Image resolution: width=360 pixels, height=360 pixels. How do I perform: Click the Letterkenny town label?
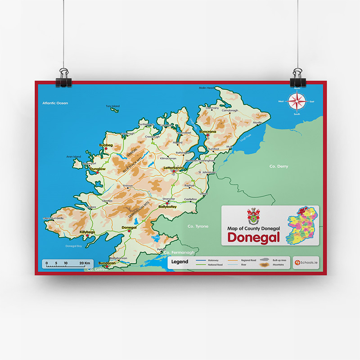pos(173,168)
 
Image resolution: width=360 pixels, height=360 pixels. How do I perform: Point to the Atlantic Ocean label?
pos(55,103)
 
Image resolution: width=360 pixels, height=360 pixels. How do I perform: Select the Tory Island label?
pos(112,106)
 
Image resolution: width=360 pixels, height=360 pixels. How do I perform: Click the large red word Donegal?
pos(254,237)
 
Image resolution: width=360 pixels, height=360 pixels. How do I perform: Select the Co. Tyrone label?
pos(198,226)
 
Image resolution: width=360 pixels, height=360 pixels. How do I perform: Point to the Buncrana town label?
pos(207,131)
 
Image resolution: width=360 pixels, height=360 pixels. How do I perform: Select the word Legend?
pos(180,261)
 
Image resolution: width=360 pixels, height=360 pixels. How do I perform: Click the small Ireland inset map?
pos(304,225)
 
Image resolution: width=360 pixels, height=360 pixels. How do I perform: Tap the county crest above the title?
pos(253,215)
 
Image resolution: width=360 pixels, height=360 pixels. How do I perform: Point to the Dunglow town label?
pos(97,169)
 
